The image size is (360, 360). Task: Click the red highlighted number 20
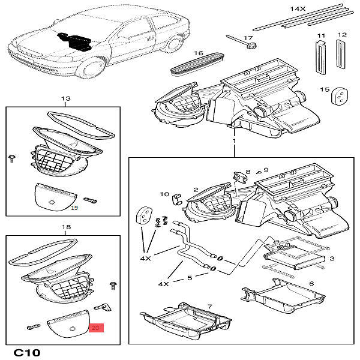click(96, 328)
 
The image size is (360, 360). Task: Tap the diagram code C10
click(27, 352)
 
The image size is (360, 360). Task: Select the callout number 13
click(66, 98)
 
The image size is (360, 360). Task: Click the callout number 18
click(66, 227)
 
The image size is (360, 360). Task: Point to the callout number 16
click(198, 53)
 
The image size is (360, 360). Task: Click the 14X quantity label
click(298, 9)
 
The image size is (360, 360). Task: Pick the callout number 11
click(321, 35)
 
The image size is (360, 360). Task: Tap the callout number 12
click(342, 35)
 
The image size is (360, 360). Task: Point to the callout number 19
click(75, 208)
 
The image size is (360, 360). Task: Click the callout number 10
click(164, 194)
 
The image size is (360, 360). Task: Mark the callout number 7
click(210, 307)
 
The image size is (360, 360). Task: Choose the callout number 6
click(311, 284)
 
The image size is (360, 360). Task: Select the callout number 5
click(190, 278)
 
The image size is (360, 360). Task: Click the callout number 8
click(248, 172)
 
